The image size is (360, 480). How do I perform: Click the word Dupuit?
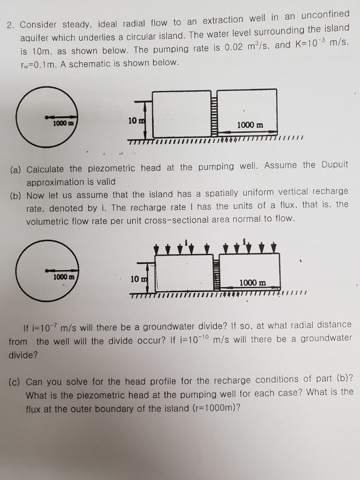(335, 165)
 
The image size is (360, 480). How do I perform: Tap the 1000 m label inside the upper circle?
(62, 123)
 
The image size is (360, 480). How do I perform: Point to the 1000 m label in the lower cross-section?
(253, 283)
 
